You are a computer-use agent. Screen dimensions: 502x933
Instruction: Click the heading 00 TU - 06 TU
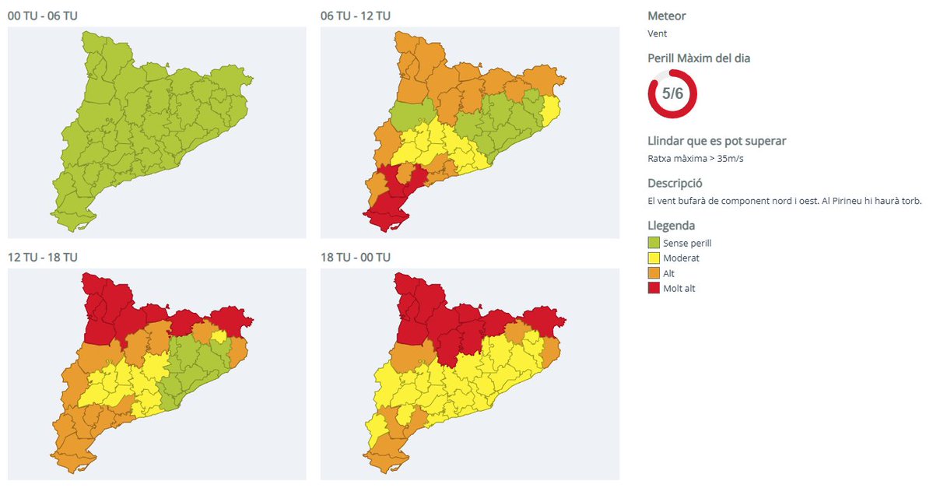(42, 16)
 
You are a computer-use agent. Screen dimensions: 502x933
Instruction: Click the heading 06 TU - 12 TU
(356, 16)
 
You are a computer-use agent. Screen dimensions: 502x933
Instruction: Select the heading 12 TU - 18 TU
(42, 257)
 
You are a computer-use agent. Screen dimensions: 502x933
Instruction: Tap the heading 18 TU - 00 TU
(356, 257)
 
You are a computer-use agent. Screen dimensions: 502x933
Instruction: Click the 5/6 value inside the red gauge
(672, 93)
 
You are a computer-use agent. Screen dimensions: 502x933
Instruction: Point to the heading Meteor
(667, 16)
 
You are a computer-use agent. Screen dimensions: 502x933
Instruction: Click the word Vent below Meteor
(658, 33)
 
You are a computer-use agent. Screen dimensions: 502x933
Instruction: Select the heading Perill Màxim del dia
(699, 58)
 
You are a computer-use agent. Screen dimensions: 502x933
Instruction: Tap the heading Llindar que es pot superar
(717, 141)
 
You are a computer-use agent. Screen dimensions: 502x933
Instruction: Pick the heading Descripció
(675, 183)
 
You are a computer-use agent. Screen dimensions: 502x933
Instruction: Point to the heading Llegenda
(672, 226)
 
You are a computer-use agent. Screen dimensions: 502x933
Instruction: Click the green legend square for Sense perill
(654, 243)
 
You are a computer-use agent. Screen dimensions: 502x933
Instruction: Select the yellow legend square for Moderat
(654, 258)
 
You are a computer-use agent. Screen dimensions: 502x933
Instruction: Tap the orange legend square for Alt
(654, 273)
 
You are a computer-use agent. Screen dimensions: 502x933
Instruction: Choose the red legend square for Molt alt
(654, 289)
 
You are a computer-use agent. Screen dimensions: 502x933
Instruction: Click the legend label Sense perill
(688, 243)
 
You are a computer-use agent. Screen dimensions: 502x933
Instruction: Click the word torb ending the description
(910, 201)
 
